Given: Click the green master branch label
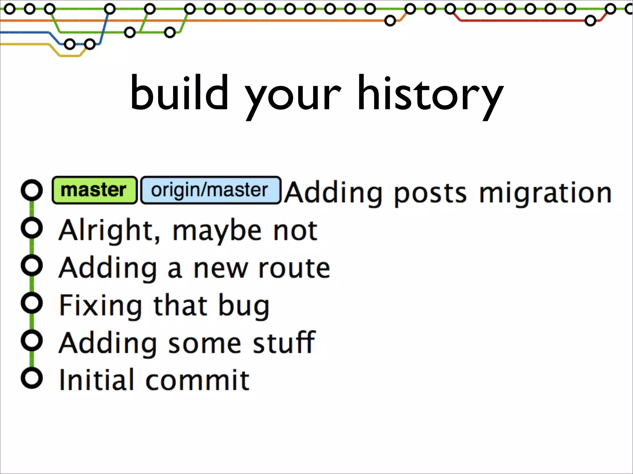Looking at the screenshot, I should [94, 190].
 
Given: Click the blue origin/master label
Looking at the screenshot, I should [210, 190].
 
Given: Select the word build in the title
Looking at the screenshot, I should [179, 93].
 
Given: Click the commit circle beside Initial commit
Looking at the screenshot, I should [32, 378].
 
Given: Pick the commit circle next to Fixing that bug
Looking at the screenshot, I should [32, 303].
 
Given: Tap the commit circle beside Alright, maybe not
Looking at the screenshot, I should [32, 228].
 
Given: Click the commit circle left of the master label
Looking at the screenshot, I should [32, 190].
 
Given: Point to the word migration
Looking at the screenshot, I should [545, 193].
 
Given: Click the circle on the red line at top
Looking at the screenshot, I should [590, 21].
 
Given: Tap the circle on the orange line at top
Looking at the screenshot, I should [390, 21].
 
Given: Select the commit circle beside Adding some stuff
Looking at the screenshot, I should [32, 340].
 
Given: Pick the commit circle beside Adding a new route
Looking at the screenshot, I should [32, 265].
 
